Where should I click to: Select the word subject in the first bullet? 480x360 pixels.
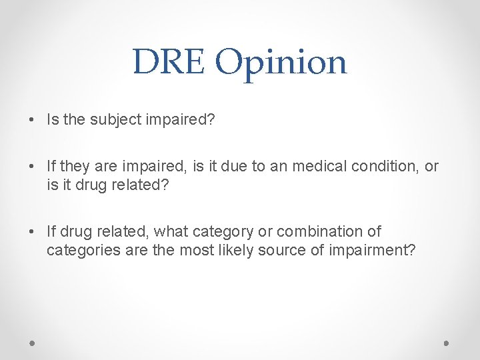[x=110, y=119]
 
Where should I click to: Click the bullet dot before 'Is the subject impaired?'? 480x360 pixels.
[x=33, y=120]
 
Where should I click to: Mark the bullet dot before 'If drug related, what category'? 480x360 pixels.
[x=33, y=232]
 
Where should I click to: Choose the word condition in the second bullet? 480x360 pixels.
[x=388, y=166]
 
